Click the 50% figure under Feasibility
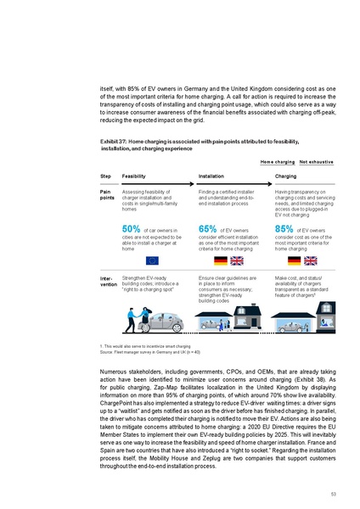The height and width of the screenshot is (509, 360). pyautogui.click(x=131, y=228)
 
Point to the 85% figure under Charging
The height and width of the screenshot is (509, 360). pyautogui.click(x=283, y=228)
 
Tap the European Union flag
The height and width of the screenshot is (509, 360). pyautogui.click(x=152, y=260)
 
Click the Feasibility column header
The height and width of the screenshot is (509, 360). pyautogui.click(x=133, y=176)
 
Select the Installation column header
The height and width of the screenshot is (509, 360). pyautogui.click(x=211, y=176)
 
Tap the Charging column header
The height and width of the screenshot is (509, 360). pyautogui.click(x=286, y=176)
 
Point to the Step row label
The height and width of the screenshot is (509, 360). pyautogui.click(x=105, y=176)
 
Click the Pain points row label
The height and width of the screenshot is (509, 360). pyautogui.click(x=107, y=196)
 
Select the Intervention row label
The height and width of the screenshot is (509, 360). pyautogui.click(x=108, y=280)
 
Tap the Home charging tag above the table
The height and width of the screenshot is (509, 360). pyautogui.click(x=277, y=160)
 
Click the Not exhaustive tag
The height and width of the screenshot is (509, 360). pyautogui.click(x=315, y=160)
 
